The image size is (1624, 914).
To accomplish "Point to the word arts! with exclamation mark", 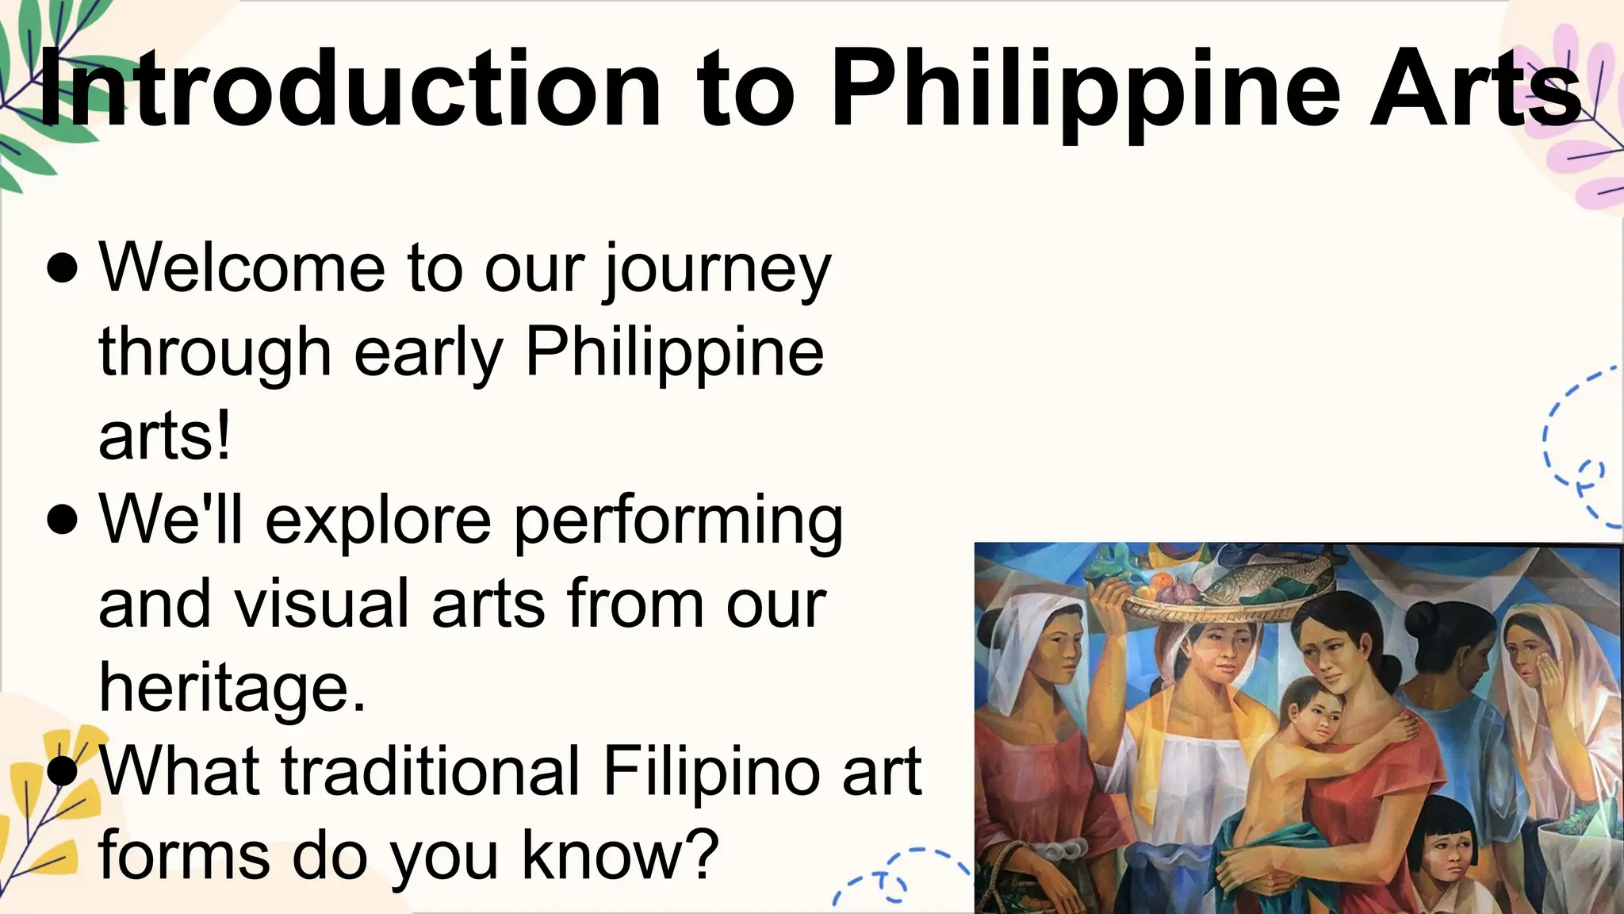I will tap(165, 437).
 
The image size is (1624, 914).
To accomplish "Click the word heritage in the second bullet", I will tap(232, 688).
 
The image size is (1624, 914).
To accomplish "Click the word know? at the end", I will tap(619, 855).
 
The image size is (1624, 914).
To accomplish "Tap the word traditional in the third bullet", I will tap(431, 771).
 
